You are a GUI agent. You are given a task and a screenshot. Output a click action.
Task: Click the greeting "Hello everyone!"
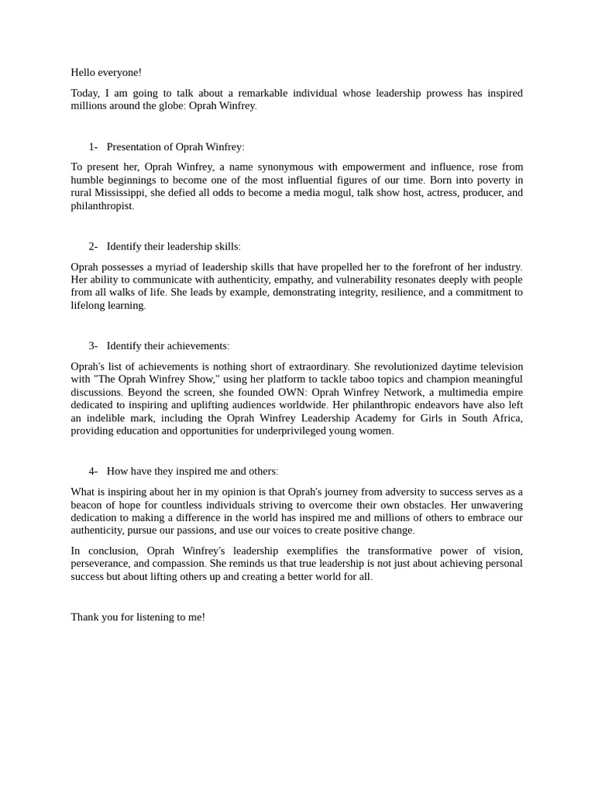pyautogui.click(x=106, y=73)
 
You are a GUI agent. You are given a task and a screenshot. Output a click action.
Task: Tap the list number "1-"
pyautogui.click(x=93, y=147)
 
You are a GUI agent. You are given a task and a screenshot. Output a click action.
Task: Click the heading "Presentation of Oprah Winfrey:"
pyautogui.click(x=175, y=147)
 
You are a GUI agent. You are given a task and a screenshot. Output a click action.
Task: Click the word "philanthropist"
pyautogui.click(x=101, y=206)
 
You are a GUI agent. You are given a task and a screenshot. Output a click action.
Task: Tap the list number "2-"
pyautogui.click(x=93, y=247)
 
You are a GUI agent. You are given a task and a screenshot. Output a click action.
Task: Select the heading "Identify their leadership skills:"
pyautogui.click(x=174, y=247)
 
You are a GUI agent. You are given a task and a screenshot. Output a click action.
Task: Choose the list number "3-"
pyautogui.click(x=93, y=346)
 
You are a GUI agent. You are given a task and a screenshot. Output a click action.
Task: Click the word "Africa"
pyautogui.click(x=505, y=418)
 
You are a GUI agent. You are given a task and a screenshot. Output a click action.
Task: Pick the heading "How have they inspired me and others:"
pyautogui.click(x=192, y=472)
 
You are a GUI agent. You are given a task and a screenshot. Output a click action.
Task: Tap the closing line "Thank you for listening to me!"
pyautogui.click(x=138, y=617)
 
